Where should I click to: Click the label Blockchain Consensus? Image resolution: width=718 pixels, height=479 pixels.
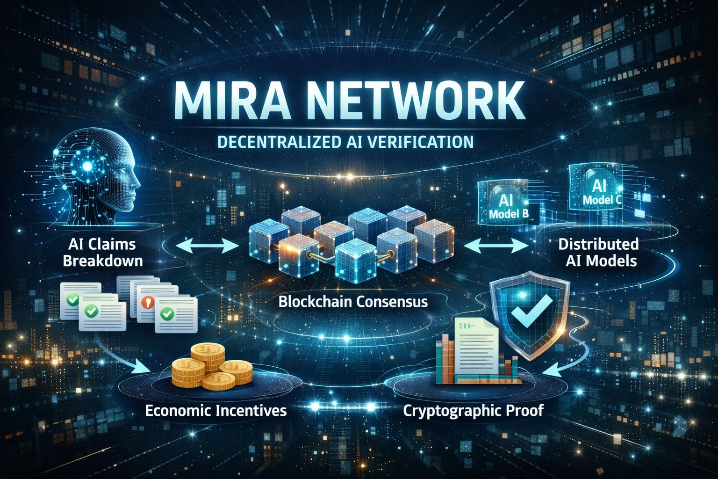(x=353, y=302)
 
